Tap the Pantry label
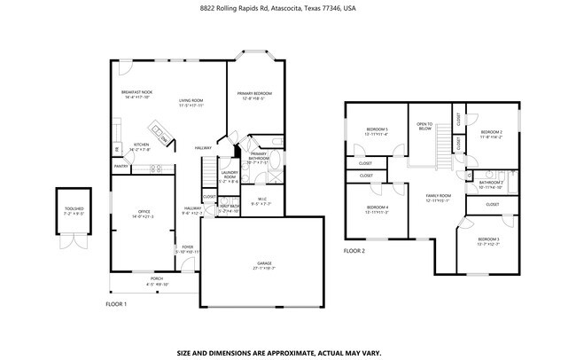(x=121, y=166)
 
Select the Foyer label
(x=187, y=249)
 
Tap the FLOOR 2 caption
(x=354, y=252)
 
